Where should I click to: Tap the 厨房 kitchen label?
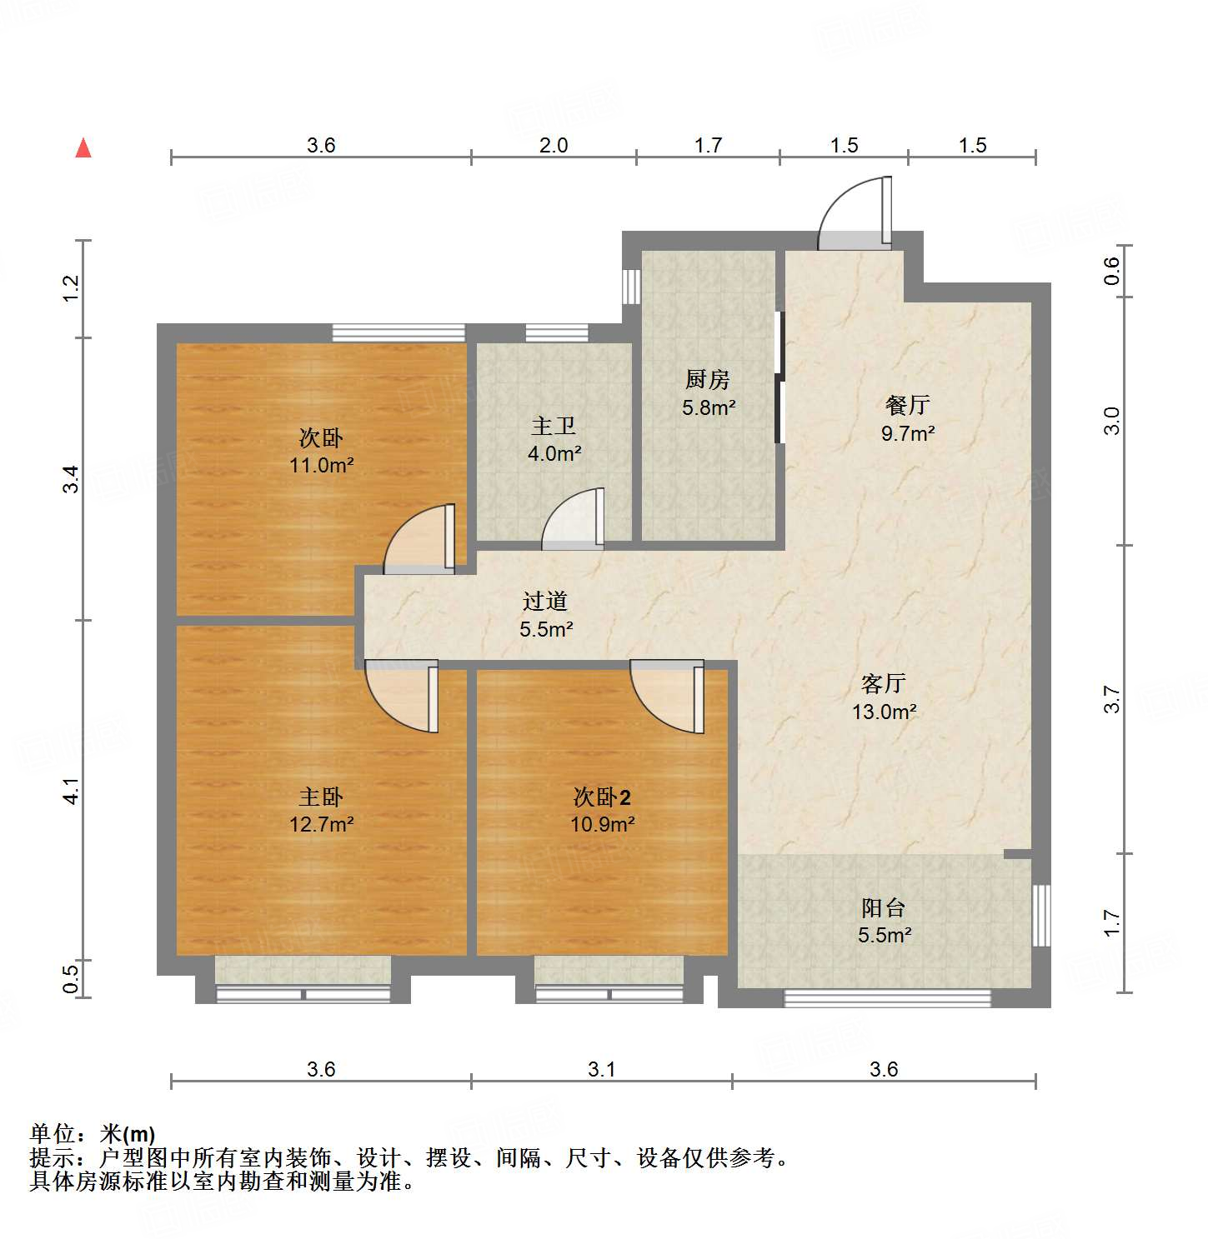point(708,380)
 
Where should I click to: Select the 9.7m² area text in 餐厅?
point(908,433)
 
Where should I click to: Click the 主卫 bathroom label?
point(554,427)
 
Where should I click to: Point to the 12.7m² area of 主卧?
point(321,825)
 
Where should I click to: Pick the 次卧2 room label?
point(602,797)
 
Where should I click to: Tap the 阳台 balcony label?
point(884,907)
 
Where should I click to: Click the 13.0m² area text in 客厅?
point(884,712)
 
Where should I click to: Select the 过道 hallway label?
point(545,601)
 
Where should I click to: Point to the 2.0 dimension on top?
point(554,146)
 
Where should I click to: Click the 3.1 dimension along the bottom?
point(601,1069)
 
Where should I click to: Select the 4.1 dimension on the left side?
point(72,791)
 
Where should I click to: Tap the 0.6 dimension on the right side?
point(1112,270)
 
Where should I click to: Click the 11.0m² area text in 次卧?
point(321,465)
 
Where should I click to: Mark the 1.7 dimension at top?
point(708,146)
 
